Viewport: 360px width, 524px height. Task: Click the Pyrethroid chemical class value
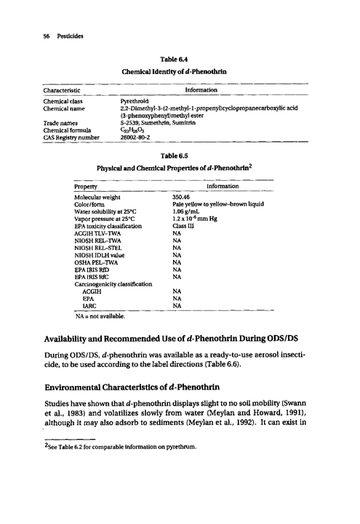tap(135, 101)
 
